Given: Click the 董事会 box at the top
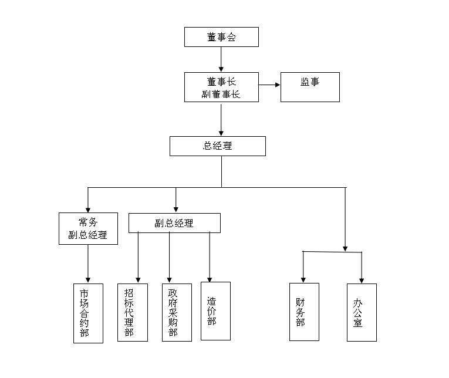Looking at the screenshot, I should pos(221,37).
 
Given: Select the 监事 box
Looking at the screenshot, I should pos(310,87).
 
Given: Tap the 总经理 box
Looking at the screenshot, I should pos(218,146).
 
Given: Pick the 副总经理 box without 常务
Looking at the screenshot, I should pos(174,223).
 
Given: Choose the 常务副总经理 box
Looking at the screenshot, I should pos(88,228).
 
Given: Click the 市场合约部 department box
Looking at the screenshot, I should pos(88,313).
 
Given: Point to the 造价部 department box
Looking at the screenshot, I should pos(215,311).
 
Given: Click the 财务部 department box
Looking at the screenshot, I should pos(304,312).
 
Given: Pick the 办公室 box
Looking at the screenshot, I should pos(362,312).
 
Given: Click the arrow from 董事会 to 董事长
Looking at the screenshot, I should pos(221,59).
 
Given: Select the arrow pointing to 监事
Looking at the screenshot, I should pos(269,85).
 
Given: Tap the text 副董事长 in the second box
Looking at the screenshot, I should pos(221,94).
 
